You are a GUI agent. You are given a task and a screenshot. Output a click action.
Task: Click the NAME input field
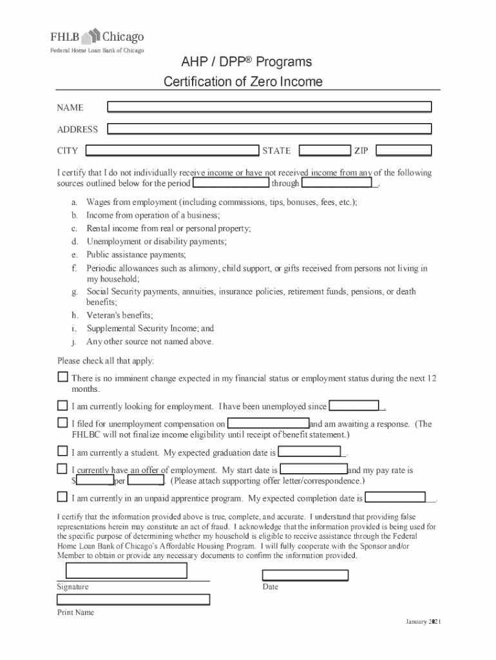tap(269, 107)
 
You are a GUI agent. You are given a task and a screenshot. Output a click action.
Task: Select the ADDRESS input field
tap(269, 129)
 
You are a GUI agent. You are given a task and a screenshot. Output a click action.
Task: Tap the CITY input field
tap(172, 151)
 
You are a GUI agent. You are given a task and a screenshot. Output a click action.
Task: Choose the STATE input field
tap(325, 151)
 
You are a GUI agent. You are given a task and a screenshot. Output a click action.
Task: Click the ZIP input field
tap(403, 151)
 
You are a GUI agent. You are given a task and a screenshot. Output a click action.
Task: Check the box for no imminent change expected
tap(62, 376)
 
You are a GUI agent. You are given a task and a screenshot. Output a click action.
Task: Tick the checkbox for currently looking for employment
tap(62, 405)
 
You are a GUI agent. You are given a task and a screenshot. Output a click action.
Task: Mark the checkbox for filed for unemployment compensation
tap(62, 423)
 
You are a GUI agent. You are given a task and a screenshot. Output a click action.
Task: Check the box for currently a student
tap(62, 451)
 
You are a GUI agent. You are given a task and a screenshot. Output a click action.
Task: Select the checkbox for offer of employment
tap(62, 469)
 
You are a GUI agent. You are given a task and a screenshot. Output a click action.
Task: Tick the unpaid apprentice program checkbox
tap(62, 497)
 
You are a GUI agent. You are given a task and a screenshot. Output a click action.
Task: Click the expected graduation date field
tap(309, 452)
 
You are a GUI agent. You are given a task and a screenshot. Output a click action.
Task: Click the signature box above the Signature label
tap(126, 571)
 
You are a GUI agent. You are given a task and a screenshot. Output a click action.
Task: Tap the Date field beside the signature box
tap(305, 576)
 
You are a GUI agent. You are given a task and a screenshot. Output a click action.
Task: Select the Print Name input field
tap(133, 599)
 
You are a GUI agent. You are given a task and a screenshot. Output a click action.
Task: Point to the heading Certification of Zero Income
tap(243, 82)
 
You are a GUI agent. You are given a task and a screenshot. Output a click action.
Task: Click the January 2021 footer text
tap(423, 621)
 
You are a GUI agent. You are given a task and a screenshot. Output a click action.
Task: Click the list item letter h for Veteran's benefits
tap(75, 315)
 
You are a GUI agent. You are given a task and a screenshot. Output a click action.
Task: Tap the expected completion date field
tap(396, 498)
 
